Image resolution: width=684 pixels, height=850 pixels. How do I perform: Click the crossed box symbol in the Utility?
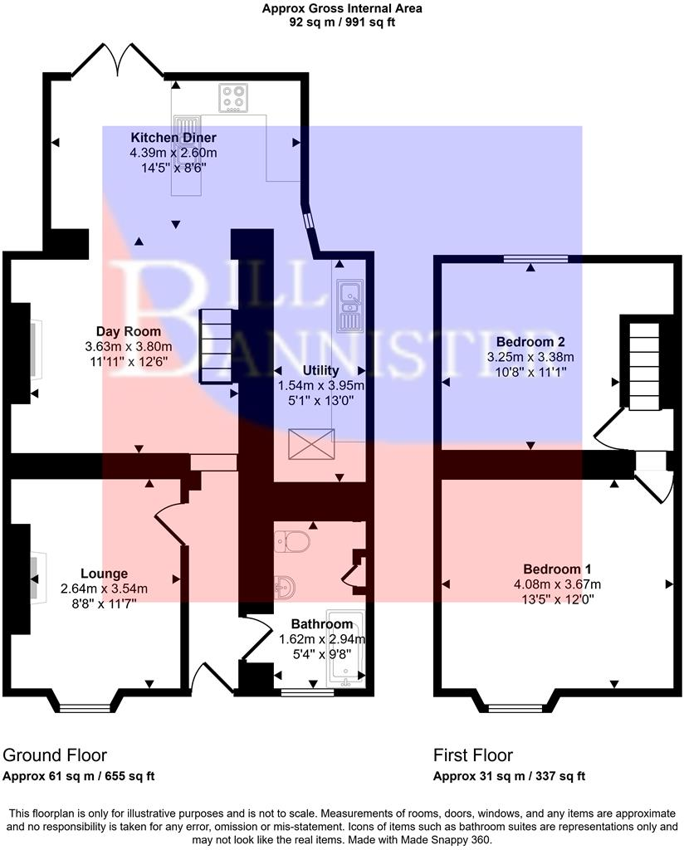click(x=310, y=444)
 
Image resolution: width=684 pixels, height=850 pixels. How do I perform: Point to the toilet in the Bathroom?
click(x=293, y=543)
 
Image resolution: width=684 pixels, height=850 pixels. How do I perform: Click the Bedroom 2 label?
click(x=530, y=342)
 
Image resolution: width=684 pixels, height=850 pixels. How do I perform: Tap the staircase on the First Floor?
click(x=644, y=366)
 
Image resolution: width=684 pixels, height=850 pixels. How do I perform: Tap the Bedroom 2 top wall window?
click(x=535, y=259)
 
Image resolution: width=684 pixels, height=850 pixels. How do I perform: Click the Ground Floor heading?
click(x=55, y=755)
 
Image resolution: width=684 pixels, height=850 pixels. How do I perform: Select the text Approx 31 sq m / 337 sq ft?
click(x=510, y=777)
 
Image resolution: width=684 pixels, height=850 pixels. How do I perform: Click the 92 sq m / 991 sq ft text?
click(x=342, y=23)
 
